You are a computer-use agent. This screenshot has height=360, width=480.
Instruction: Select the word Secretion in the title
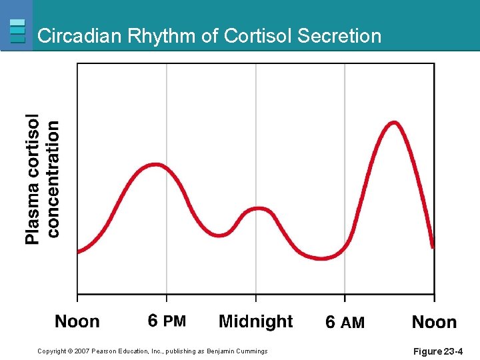click(x=340, y=36)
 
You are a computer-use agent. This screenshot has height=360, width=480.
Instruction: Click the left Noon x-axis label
click(x=77, y=322)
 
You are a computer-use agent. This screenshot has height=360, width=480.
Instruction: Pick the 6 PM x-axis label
click(x=167, y=322)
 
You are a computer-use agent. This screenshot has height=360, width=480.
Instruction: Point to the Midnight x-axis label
click(x=256, y=322)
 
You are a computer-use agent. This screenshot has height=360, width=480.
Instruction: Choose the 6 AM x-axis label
click(x=345, y=323)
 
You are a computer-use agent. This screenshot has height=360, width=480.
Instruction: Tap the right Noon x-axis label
click(x=434, y=323)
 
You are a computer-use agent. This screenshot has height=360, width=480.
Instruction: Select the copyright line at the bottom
click(x=153, y=351)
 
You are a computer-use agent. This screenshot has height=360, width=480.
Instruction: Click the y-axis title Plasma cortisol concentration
click(x=42, y=179)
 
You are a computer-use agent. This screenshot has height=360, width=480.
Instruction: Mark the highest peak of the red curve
click(x=394, y=123)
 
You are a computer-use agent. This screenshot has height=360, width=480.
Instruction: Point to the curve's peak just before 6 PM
click(x=156, y=164)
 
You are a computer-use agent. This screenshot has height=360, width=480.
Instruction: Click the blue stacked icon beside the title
click(x=18, y=31)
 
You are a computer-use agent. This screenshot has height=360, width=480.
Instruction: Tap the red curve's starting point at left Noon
click(x=79, y=252)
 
